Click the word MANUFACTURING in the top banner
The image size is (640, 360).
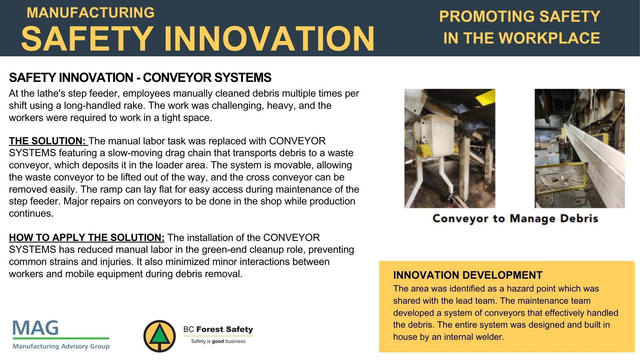point(91,13)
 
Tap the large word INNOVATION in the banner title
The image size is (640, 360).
point(269,38)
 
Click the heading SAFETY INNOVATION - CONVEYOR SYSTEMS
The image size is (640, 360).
point(140,77)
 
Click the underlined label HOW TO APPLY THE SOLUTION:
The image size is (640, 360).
point(87,237)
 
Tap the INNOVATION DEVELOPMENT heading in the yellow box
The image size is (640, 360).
point(468,275)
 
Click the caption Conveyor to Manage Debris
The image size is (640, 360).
point(515,219)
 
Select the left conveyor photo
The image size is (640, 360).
point(450,148)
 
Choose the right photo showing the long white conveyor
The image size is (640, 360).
point(580,148)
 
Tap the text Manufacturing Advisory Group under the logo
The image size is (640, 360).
point(61,346)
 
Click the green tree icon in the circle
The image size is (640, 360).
point(160,336)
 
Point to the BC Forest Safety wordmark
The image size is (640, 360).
point(218,329)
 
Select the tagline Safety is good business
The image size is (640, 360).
point(218,341)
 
